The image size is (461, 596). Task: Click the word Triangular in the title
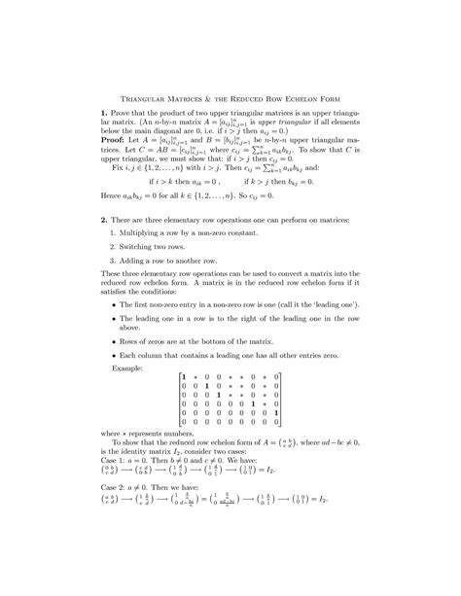pos(144,99)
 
